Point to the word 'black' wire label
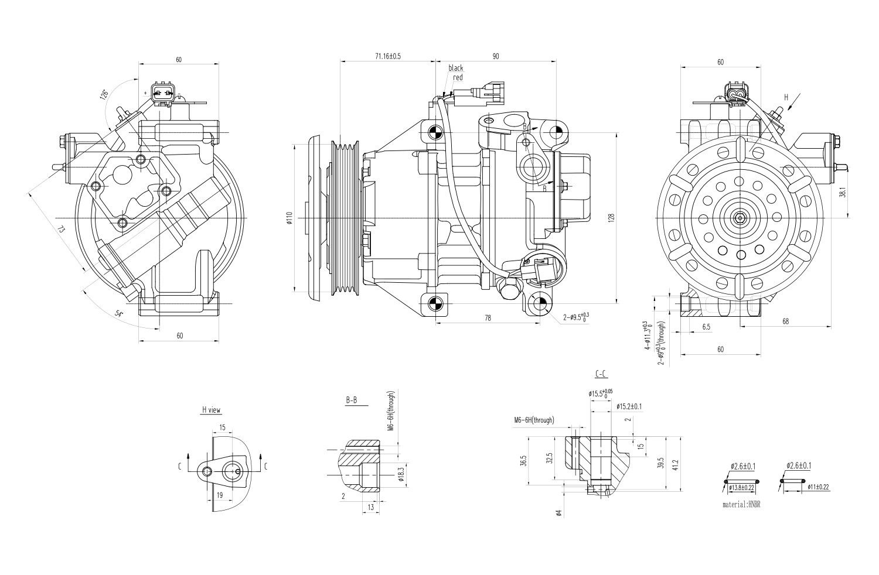click(x=456, y=68)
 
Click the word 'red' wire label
click(x=458, y=77)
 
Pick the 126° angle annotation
click(x=104, y=94)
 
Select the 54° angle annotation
click(x=119, y=314)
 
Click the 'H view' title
click(x=212, y=410)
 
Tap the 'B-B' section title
click(x=352, y=401)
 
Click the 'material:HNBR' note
click(x=744, y=504)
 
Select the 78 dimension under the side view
click(x=488, y=318)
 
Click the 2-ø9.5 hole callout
click(x=575, y=317)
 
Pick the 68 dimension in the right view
click(x=785, y=320)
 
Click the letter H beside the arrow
click(x=786, y=97)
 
